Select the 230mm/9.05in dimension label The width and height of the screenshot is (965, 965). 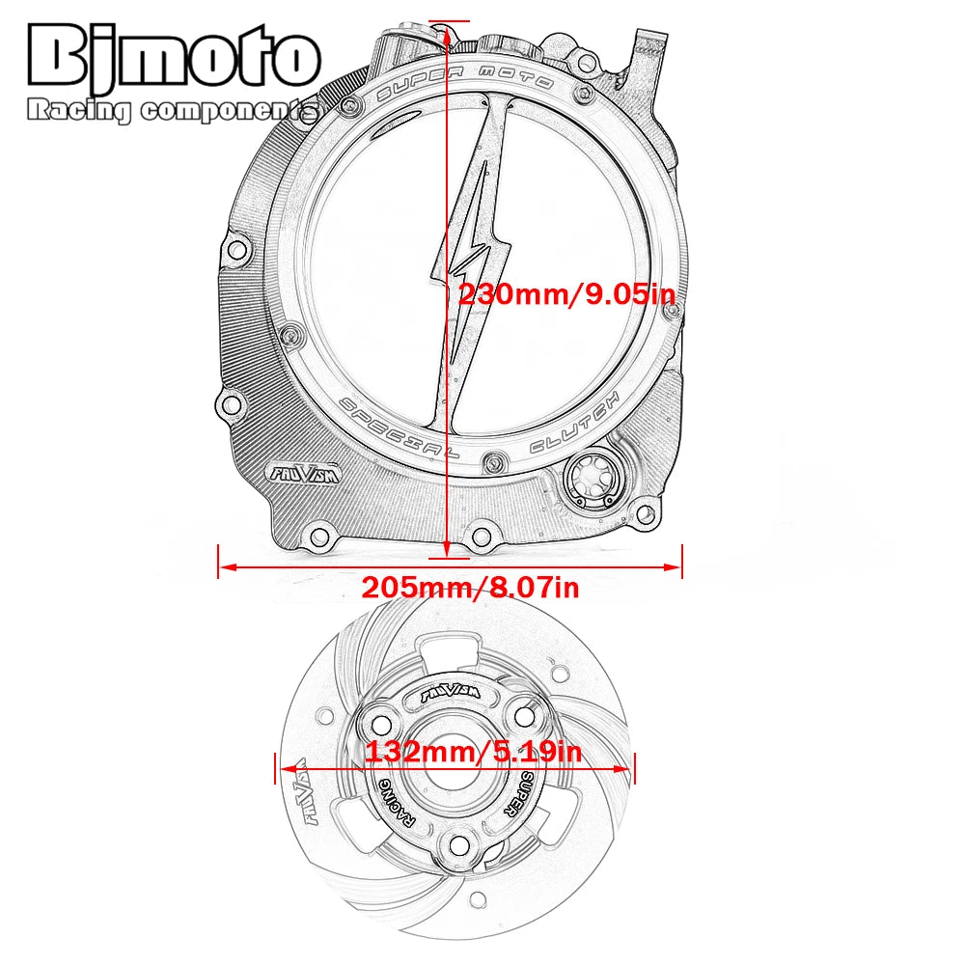click(x=565, y=294)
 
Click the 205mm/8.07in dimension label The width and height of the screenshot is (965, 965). click(x=470, y=587)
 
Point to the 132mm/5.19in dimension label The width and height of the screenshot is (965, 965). click(x=461, y=751)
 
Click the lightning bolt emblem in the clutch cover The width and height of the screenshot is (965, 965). click(x=473, y=251)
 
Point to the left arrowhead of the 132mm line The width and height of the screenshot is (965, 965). click(x=283, y=769)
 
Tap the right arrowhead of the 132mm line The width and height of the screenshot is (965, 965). click(x=630, y=769)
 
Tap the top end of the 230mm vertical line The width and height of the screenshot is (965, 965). click(x=446, y=21)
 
